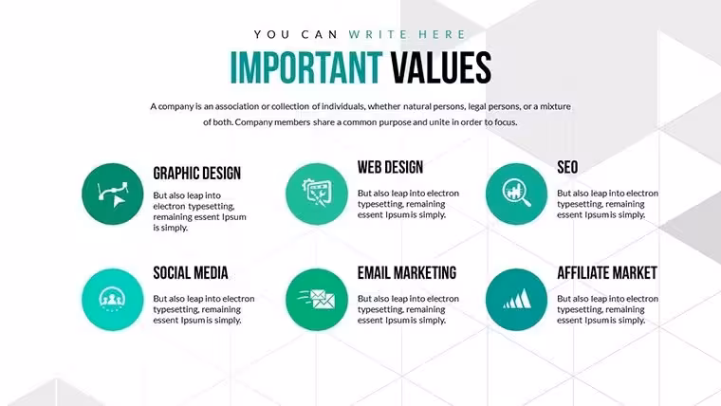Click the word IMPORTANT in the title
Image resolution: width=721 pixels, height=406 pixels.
pos(306,67)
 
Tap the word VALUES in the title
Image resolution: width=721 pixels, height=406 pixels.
pos(441,67)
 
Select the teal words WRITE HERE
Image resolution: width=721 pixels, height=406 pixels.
pos(407,34)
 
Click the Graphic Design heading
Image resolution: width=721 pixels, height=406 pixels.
pos(196,174)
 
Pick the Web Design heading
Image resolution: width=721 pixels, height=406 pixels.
pos(391,167)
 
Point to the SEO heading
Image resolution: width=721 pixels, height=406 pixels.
pos(567,167)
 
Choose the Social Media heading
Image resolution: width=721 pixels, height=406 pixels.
pos(191,273)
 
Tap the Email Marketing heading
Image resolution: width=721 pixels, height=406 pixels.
pos(407,273)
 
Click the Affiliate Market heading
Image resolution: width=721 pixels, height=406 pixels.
pos(607,273)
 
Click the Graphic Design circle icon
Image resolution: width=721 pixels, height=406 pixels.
pos(113,194)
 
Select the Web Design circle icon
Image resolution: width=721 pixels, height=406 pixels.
pos(317,194)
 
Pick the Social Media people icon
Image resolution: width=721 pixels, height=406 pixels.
pos(113,300)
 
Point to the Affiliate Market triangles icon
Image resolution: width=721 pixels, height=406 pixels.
pos(516,300)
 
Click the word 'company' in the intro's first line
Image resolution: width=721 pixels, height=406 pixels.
pos(176,106)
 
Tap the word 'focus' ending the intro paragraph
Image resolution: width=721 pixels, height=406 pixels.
pos(505,122)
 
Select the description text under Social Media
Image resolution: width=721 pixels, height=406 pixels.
pos(204,309)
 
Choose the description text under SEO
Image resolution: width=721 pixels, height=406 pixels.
pos(607,204)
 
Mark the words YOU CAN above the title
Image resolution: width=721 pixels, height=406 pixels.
pos(296,34)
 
